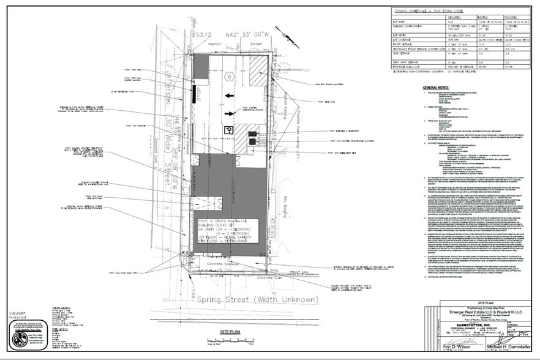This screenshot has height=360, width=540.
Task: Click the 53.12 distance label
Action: (x=203, y=34)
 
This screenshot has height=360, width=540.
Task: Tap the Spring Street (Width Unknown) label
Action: (x=258, y=299)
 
